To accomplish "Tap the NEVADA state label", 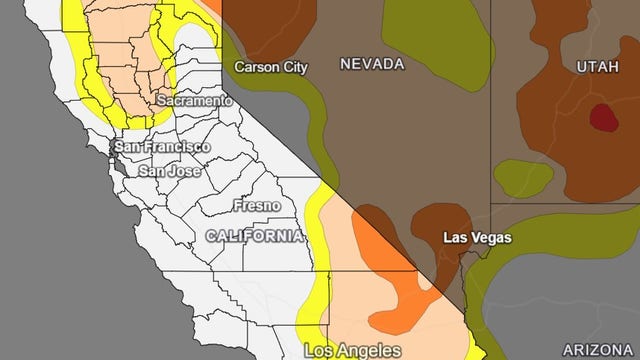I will pyautogui.click(x=371, y=64).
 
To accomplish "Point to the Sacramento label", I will pyautogui.click(x=195, y=101).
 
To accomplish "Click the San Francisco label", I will pyautogui.click(x=162, y=147).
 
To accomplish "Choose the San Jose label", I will pyautogui.click(x=169, y=171).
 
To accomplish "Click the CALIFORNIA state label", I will pyautogui.click(x=254, y=236).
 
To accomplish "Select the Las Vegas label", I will pyautogui.click(x=477, y=238).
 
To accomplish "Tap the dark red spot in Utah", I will pyautogui.click(x=603, y=118).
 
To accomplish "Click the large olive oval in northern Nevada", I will pyautogui.click(x=436, y=35).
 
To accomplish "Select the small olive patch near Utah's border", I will pyautogui.click(x=523, y=178).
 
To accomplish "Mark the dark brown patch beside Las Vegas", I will pyautogui.click(x=440, y=222).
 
